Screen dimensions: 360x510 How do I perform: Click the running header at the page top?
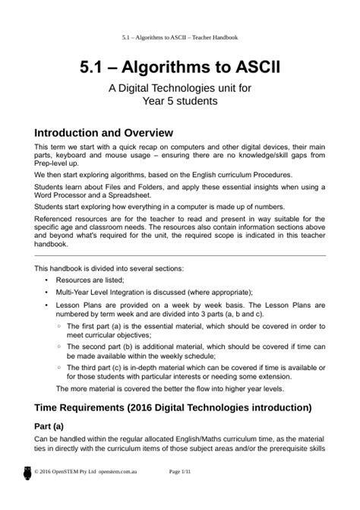pyautogui.click(x=179, y=36)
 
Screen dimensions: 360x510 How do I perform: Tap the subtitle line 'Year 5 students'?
pyautogui.click(x=179, y=100)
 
